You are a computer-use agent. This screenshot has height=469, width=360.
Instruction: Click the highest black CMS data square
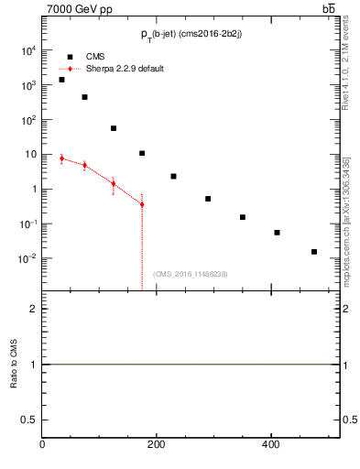coord(61,80)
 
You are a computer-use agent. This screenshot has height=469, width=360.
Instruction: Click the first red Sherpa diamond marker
coord(61,158)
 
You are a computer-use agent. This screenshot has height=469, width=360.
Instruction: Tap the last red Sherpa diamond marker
coord(142,204)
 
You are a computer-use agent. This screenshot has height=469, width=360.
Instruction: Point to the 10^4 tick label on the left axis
coord(27,50)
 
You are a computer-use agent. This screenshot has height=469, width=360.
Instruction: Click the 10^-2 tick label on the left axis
coord(27,258)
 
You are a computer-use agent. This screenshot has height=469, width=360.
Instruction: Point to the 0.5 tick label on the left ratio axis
coord(29,419)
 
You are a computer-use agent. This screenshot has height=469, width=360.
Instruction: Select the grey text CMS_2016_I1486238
coord(191,274)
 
